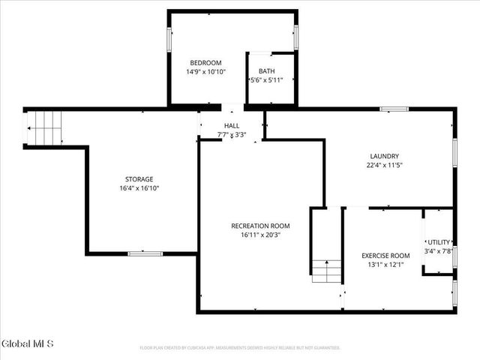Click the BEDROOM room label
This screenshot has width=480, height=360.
(x=205, y=62)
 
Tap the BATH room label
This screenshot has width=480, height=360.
(x=267, y=71)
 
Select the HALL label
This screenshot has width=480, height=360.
(x=232, y=126)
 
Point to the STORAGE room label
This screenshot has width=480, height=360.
(x=139, y=179)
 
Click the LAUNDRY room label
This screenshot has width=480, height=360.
(x=384, y=156)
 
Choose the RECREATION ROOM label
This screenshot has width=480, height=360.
(x=260, y=226)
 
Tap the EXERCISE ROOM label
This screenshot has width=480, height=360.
(x=385, y=255)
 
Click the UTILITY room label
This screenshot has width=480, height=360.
(x=439, y=242)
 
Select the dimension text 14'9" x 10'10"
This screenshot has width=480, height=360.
(x=205, y=72)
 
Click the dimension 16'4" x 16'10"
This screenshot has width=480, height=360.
(x=139, y=188)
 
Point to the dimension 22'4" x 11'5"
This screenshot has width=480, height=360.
(x=384, y=165)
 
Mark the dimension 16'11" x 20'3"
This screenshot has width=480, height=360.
(x=260, y=235)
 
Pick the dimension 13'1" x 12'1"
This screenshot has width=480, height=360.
(x=385, y=264)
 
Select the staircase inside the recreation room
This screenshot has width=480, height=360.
(x=326, y=269)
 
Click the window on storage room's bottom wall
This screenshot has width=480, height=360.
(x=145, y=253)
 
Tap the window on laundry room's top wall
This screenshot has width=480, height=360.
(x=394, y=109)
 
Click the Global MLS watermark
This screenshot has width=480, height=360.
(x=28, y=344)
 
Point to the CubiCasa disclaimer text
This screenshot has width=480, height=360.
(x=240, y=348)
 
